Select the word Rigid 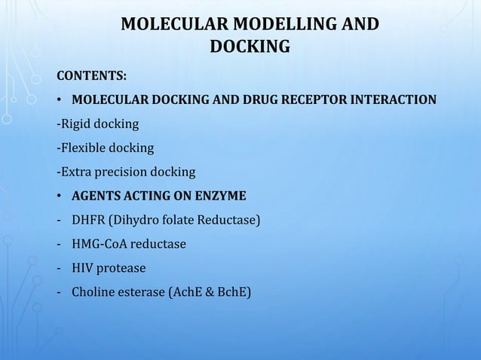(78, 124)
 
